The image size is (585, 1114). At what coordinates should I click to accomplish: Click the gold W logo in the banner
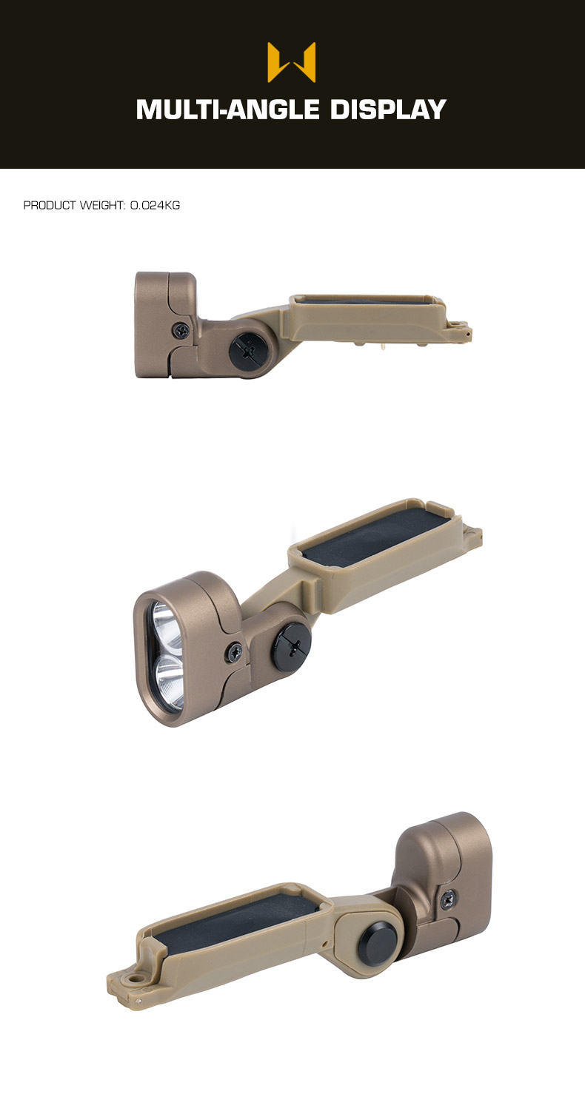291,62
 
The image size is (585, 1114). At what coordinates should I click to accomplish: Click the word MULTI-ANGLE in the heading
227,110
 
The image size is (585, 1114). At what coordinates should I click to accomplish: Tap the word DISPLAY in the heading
387,110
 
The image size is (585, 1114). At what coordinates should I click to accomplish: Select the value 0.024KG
155,205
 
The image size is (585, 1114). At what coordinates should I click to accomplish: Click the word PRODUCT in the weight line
50,205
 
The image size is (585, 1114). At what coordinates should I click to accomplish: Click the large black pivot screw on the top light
250,349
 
